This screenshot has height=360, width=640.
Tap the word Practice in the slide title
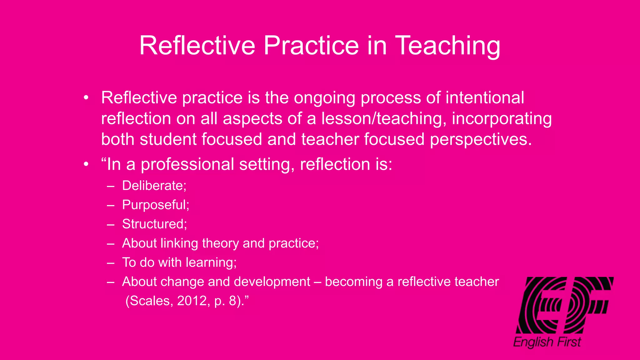click(x=311, y=46)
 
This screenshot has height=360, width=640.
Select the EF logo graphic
click(x=564, y=305)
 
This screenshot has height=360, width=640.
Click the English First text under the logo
click(x=547, y=342)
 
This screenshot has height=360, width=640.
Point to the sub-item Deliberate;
click(x=154, y=186)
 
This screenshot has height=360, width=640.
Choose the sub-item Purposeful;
click(x=156, y=205)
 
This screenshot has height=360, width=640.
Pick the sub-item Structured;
click(x=154, y=224)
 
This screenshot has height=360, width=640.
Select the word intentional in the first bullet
click(x=485, y=97)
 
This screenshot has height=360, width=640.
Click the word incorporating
click(x=502, y=119)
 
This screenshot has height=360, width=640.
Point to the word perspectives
click(x=481, y=139)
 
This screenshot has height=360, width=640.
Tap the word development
click(x=272, y=282)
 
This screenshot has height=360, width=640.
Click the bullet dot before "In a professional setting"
click(x=86, y=164)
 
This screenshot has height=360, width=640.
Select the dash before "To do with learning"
click(x=111, y=263)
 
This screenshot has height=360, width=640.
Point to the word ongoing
click(x=324, y=98)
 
